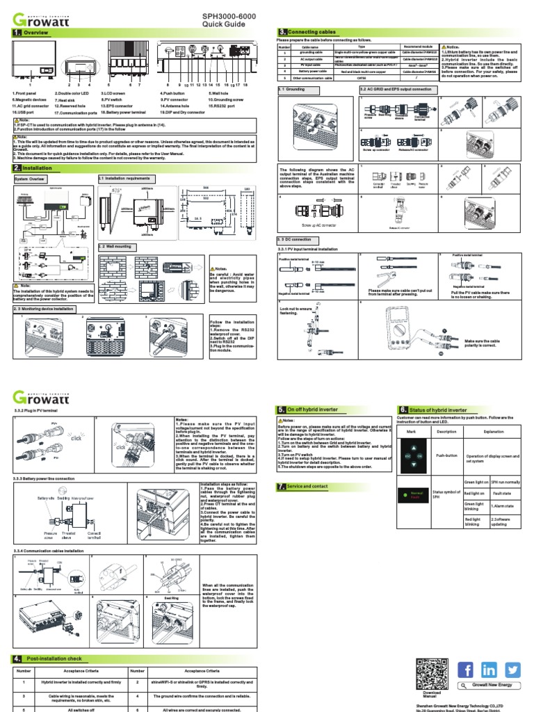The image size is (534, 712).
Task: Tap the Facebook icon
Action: (467, 670)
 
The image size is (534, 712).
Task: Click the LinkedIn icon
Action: (489, 670)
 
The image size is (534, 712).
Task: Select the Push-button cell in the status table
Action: (446, 455)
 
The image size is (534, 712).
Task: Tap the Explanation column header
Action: (493, 431)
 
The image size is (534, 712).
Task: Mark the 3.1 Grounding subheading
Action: (293, 90)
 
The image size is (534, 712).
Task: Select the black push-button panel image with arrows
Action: (413, 455)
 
